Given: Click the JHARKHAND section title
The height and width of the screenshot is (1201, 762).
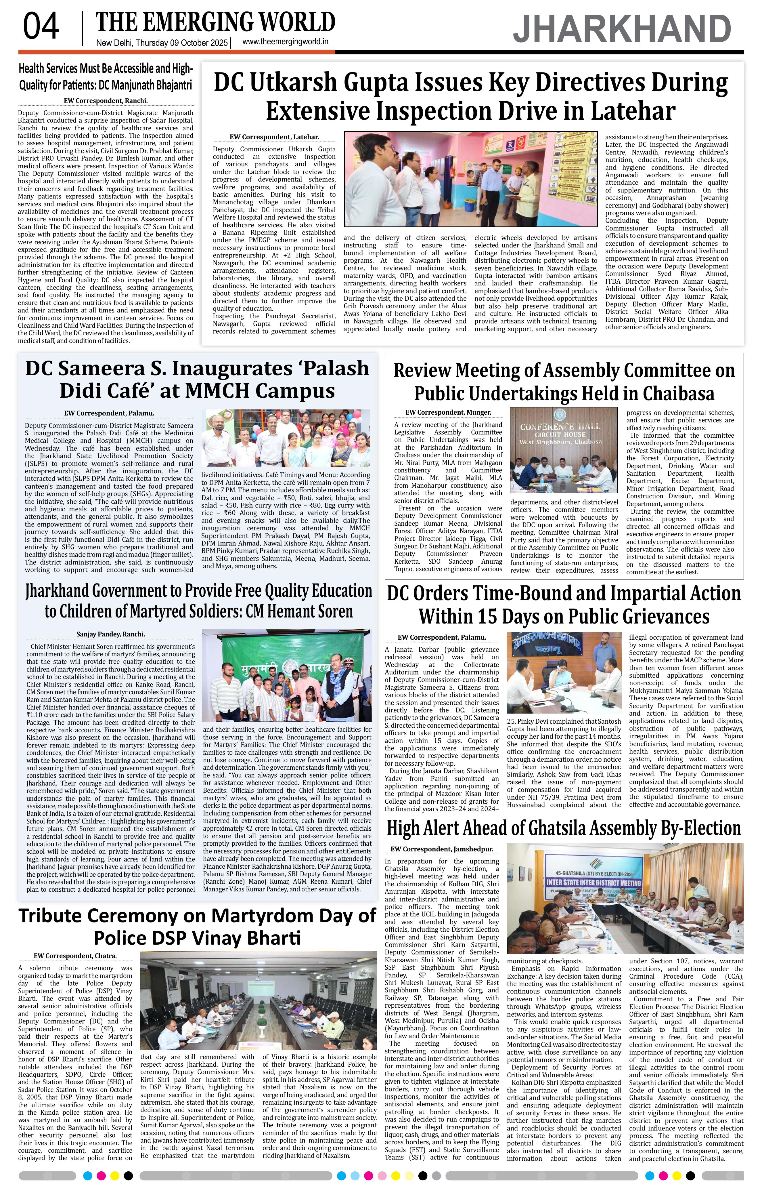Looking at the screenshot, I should [x=622, y=29].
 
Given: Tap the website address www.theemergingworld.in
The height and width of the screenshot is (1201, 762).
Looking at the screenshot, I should [x=285, y=42].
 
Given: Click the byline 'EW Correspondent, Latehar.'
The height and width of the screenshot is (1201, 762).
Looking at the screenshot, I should [x=274, y=137].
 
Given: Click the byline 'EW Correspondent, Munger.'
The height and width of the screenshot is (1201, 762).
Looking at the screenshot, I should [x=448, y=413].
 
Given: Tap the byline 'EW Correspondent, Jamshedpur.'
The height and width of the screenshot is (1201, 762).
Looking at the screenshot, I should [x=442, y=849].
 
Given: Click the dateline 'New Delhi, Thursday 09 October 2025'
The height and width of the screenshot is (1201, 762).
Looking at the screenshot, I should [x=162, y=43].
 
